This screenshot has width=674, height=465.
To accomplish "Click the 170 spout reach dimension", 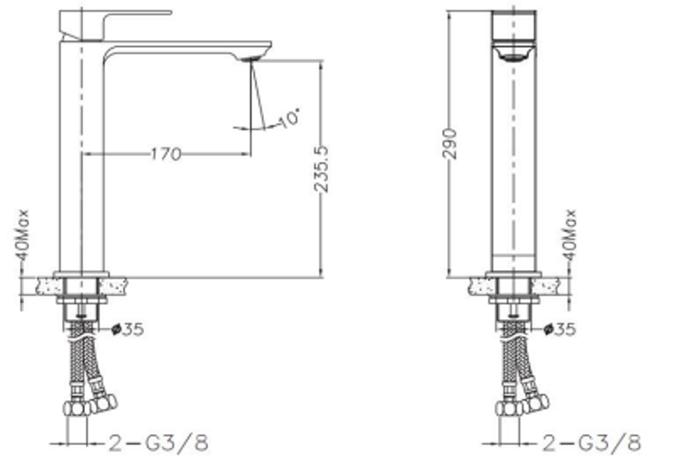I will click(166, 153).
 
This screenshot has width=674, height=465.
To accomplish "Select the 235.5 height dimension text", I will click(321, 169).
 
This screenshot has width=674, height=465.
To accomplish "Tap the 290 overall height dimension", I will click(450, 143).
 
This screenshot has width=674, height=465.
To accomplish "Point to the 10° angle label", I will click(289, 117).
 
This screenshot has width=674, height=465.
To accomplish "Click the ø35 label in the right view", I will click(560, 329).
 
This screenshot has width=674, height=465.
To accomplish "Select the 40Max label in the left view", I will click(23, 236).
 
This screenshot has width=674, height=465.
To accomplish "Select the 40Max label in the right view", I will click(569, 236).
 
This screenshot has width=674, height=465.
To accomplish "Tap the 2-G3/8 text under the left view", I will click(159, 442).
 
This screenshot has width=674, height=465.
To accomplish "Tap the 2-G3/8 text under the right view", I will click(591, 442).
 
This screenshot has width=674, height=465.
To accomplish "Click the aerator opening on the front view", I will click(514, 56).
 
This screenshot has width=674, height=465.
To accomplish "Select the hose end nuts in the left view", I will click(91, 405).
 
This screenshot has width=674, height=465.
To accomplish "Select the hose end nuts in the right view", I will click(522, 405).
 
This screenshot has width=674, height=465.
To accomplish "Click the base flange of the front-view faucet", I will click(514, 274).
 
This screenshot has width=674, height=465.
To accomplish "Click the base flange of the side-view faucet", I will click(81, 274).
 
